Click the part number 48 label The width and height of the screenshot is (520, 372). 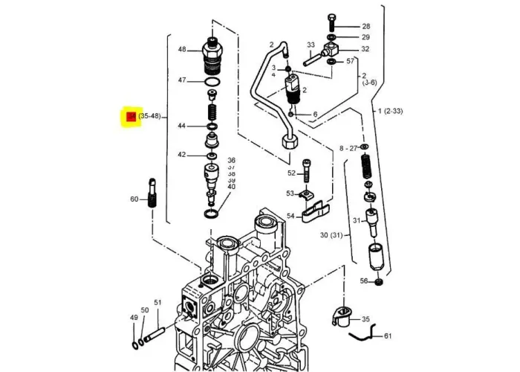click(x=182, y=50)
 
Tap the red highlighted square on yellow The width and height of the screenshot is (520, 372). click(x=131, y=117)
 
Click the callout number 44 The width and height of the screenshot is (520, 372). click(x=181, y=126)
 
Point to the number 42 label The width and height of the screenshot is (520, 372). click(x=181, y=155)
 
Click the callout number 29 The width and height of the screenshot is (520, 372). click(x=365, y=37)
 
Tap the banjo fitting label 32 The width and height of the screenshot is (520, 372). click(x=365, y=49)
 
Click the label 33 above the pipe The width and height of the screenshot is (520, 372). click(x=311, y=45)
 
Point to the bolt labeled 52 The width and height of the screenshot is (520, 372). click(x=308, y=172)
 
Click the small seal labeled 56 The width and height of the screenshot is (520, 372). click(x=379, y=281)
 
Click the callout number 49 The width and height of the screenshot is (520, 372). click(x=134, y=318)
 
